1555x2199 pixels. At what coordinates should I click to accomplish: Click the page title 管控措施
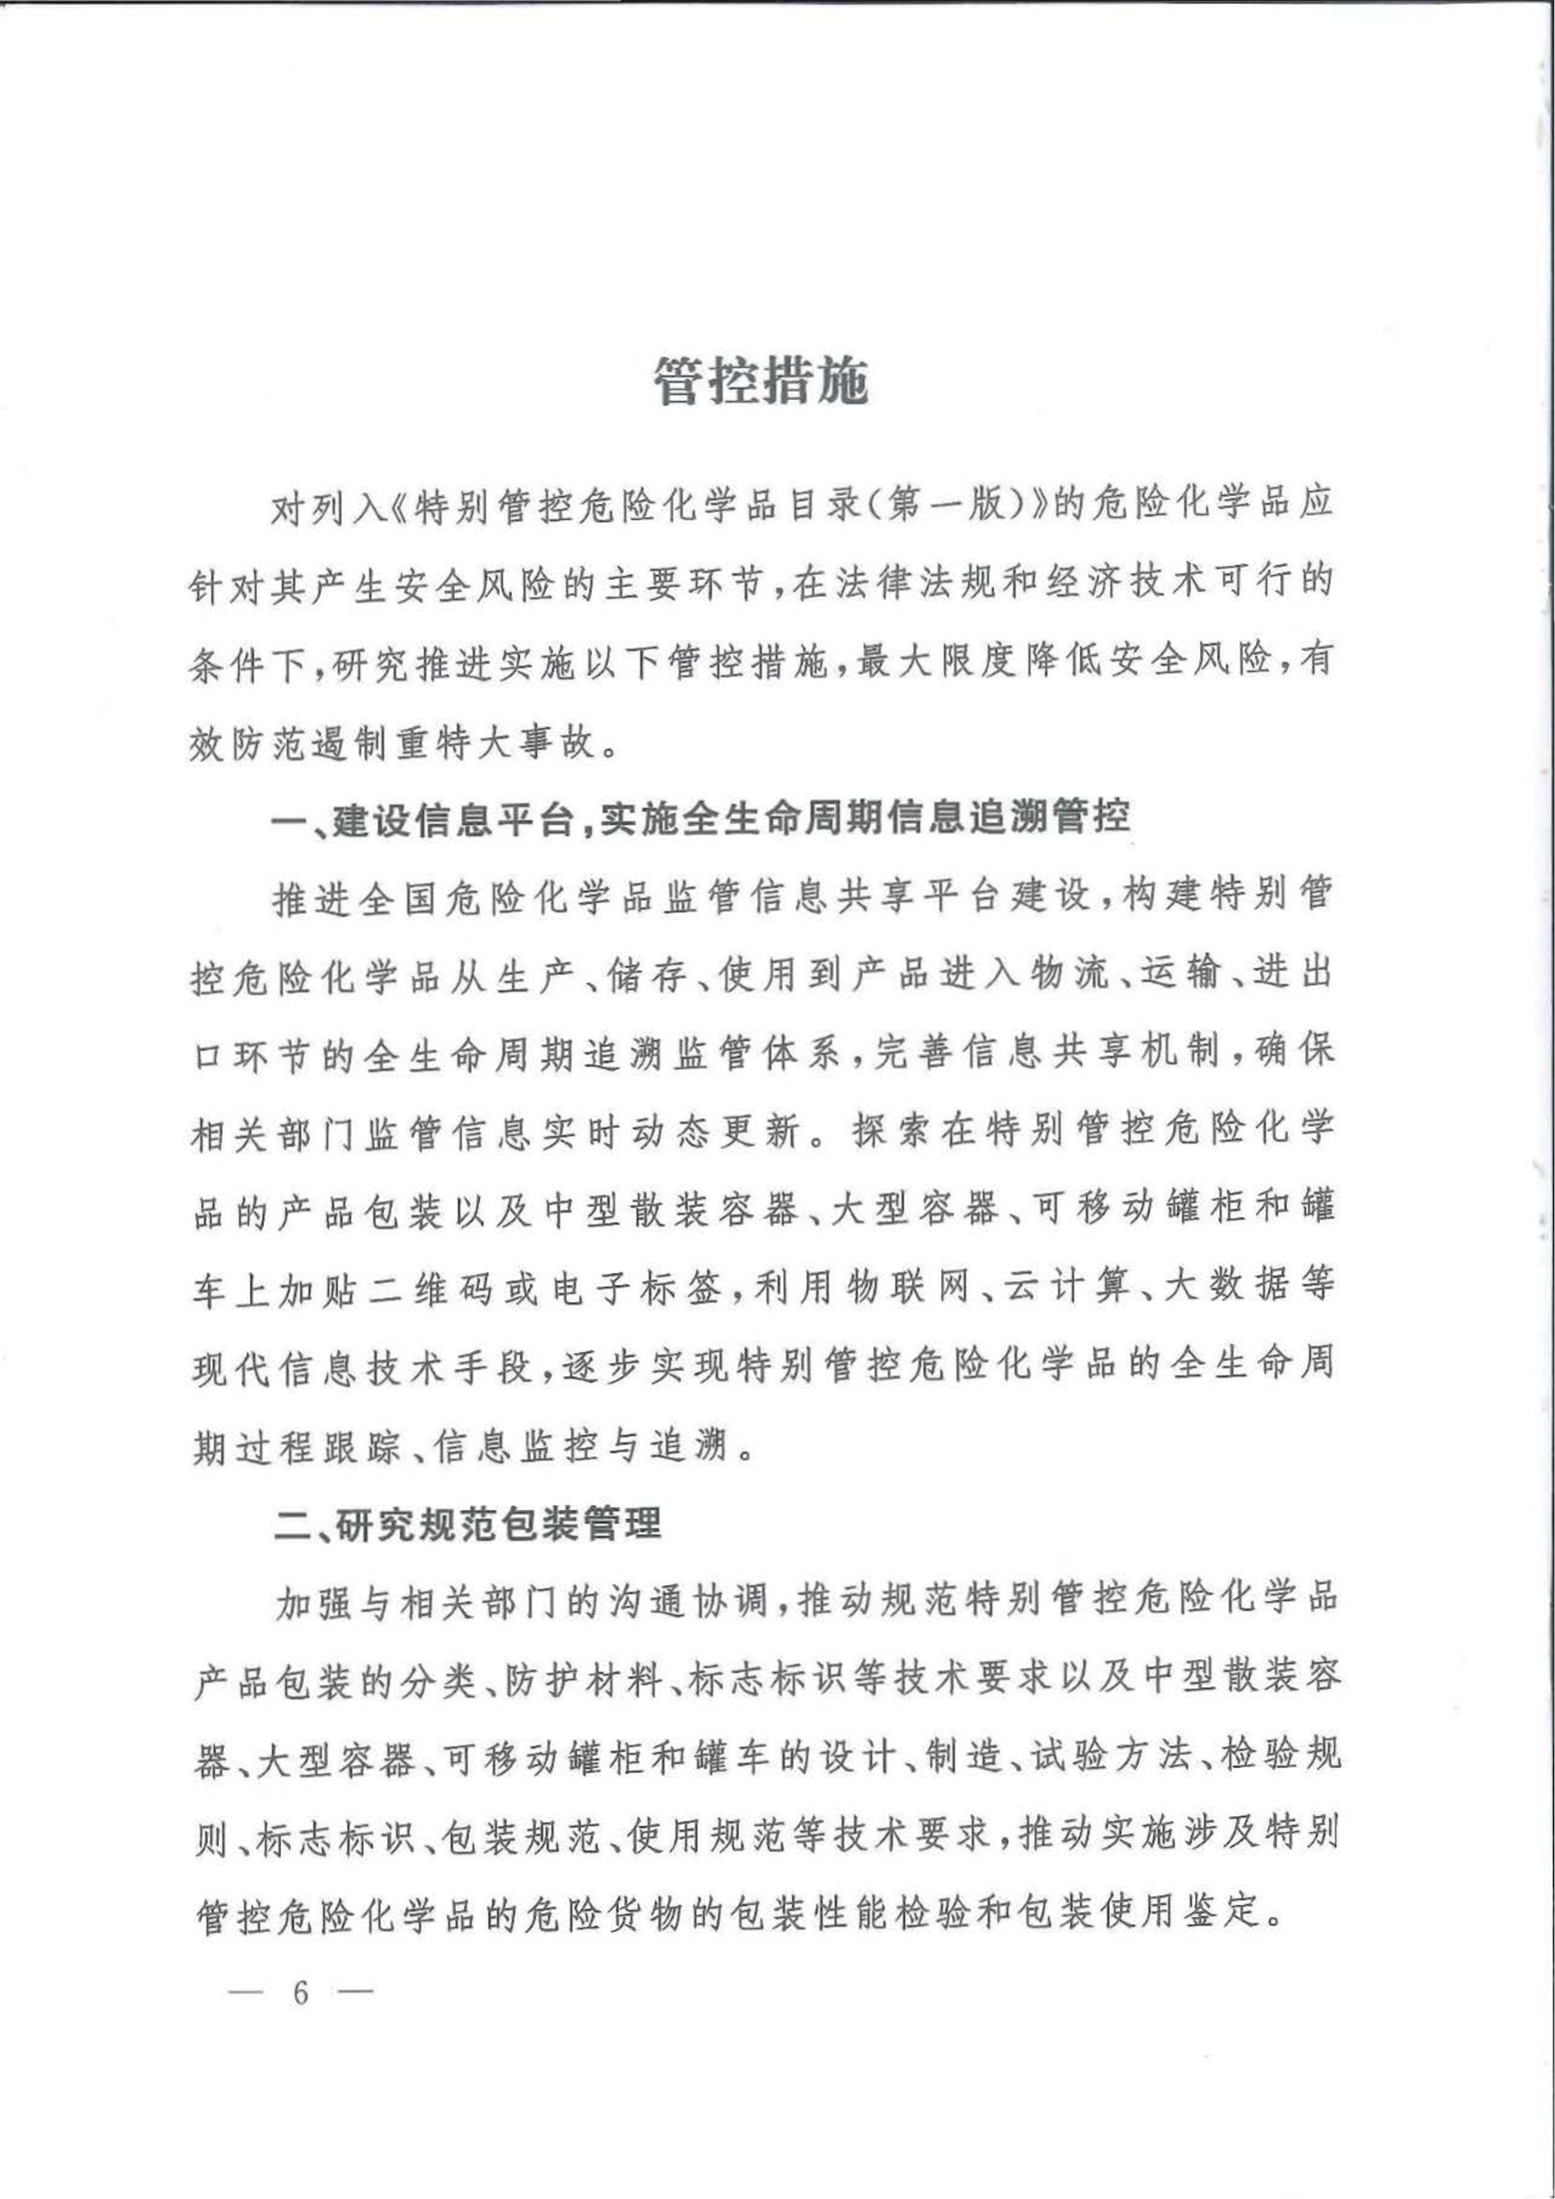(761, 381)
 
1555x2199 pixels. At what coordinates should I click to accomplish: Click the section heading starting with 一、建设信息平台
(701, 819)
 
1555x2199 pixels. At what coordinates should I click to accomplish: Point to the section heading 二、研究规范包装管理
(468, 1524)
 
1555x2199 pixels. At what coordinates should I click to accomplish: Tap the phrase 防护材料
(584, 1684)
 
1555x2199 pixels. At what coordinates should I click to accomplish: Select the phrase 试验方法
(1109, 1760)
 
